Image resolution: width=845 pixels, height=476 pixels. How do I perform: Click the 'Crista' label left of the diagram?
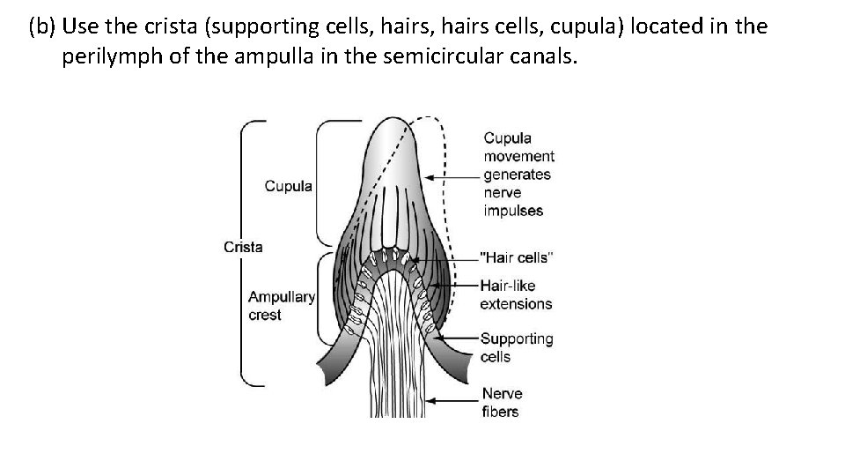(x=243, y=247)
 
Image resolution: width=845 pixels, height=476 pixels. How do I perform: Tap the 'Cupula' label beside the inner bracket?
(x=289, y=186)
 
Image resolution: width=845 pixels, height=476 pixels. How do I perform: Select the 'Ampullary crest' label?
(x=281, y=306)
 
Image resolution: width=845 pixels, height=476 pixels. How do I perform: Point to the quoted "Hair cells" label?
(x=517, y=257)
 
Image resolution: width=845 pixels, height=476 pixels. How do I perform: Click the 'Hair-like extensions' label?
(x=516, y=294)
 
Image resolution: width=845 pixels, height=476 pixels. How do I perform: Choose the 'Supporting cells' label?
(x=517, y=347)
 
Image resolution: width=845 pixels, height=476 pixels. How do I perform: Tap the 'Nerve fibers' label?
(x=501, y=402)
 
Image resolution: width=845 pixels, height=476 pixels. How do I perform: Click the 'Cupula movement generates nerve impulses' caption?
(x=518, y=174)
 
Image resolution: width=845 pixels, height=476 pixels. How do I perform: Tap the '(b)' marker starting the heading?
(x=41, y=26)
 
